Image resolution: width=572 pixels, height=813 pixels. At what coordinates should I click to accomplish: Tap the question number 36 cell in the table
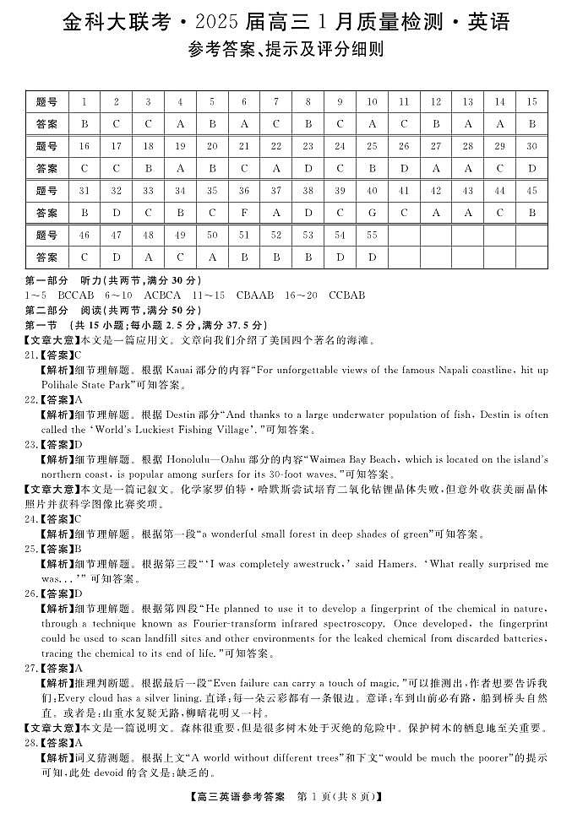244,191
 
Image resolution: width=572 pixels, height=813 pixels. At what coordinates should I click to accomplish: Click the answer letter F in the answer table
244,213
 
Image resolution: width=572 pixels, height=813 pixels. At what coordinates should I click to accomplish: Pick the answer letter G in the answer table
372,213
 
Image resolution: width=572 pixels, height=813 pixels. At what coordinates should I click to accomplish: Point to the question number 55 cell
372,235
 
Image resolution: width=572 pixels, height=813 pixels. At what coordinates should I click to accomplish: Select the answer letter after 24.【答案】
78,519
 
